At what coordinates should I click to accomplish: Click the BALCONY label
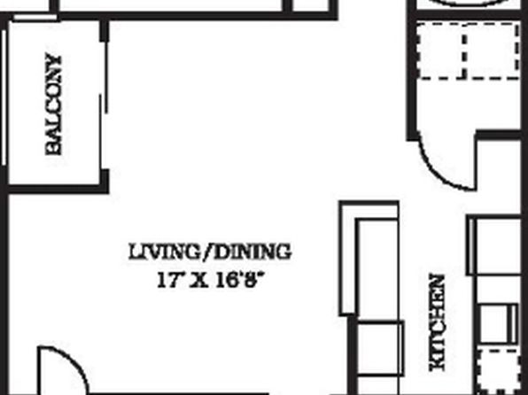[54, 105]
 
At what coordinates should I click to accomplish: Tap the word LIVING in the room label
[165, 252]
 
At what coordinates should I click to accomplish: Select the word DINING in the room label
[252, 252]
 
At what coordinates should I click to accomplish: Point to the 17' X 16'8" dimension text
[209, 281]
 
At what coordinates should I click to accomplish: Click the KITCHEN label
[438, 323]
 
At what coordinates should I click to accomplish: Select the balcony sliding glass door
[104, 105]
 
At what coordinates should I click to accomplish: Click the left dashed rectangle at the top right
[441, 51]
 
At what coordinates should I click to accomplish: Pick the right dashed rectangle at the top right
[492, 51]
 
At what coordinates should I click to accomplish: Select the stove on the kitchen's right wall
[499, 323]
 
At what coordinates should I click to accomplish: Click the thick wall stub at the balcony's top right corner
[105, 31]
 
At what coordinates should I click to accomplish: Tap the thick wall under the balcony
[58, 189]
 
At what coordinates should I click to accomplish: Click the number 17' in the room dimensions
[168, 281]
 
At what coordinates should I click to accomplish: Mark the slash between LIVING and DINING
[207, 252]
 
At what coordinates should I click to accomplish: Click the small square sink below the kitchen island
[380, 348]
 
